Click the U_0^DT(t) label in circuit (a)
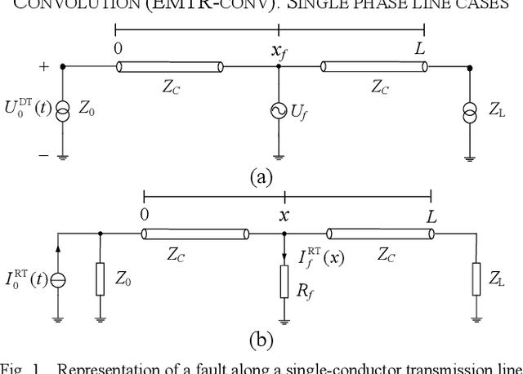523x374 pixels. pyautogui.click(x=29, y=108)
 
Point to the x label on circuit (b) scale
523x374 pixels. pyautogui.click(x=284, y=216)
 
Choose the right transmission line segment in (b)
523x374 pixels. pyautogui.click(x=380, y=234)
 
